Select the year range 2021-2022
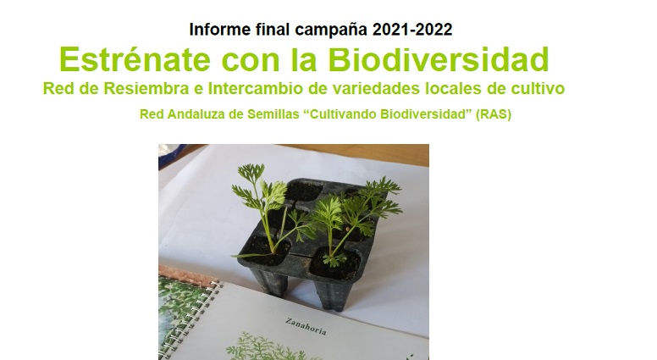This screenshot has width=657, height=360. pyautogui.click(x=412, y=30)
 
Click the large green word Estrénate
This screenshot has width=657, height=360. pyautogui.click(x=135, y=59)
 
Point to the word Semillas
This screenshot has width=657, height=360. pyautogui.click(x=273, y=114)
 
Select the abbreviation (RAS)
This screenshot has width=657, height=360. pyautogui.click(x=493, y=114)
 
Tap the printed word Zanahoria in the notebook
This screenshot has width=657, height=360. pyautogui.click(x=306, y=326)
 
